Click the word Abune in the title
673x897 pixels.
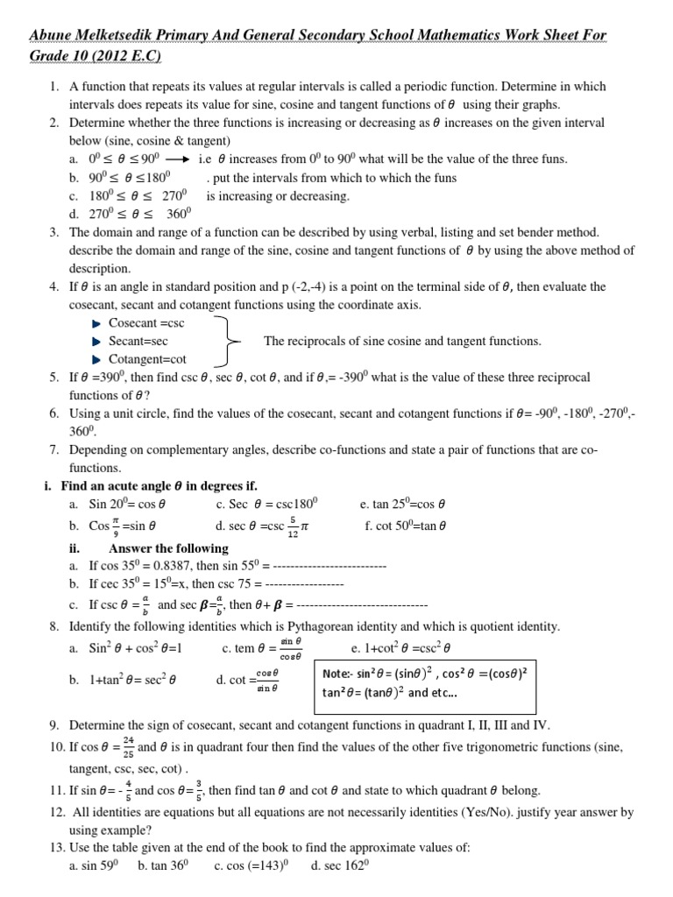coord(54,36)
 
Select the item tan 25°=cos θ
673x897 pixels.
coord(403,505)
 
